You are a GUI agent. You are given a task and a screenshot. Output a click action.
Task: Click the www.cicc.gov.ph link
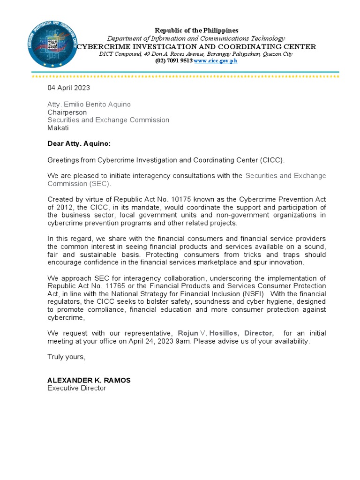point(216,61)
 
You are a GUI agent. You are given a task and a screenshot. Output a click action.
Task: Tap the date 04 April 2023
point(68,88)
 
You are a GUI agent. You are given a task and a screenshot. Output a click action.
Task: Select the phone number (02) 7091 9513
point(173,61)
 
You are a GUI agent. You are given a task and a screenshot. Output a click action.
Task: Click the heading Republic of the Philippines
point(196,30)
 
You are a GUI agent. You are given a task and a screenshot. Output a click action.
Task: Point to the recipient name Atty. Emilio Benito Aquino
point(89,104)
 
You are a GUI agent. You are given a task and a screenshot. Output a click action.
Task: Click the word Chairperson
point(67,112)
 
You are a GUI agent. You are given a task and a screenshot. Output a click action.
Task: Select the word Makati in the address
point(58,128)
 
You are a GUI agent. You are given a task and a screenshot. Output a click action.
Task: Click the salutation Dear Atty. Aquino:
point(79,144)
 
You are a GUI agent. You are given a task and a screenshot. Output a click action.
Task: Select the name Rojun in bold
point(188,333)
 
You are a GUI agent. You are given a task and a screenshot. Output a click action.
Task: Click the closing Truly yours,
point(67,357)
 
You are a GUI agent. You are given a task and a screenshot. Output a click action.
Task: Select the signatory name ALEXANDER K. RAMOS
point(89,381)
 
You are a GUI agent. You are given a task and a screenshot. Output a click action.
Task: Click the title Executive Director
point(77,389)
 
